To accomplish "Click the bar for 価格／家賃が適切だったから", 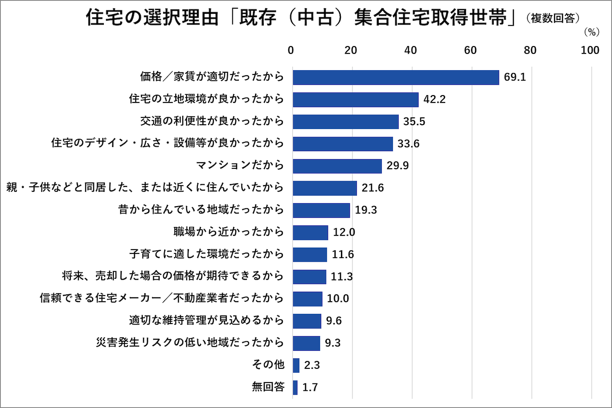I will coord(396,77).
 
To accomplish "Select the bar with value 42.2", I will coord(356,99).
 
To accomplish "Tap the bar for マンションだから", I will coord(337,166).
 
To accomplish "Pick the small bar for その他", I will coord(296,365).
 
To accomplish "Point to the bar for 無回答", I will coord(295,387).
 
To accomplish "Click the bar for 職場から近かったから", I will coord(310,232).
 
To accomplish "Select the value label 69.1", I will coord(515,77).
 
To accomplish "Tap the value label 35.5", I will coord(414,122).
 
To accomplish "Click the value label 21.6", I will coord(372,188).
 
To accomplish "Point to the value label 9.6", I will coord(334,321).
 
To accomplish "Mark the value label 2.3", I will coord(312,365).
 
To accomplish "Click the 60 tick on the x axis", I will coord(470,50).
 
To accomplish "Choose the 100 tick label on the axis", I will coord(590,50).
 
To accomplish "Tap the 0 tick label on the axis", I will coord(291,50).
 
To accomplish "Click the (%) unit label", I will coord(591,32).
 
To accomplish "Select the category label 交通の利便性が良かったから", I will coord(212,121).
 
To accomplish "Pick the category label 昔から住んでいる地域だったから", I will coord(201,210).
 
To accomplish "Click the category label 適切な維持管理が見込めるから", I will coord(206,321).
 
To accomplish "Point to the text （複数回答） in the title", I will coord(553,19).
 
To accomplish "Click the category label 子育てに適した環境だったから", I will coord(206,254).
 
